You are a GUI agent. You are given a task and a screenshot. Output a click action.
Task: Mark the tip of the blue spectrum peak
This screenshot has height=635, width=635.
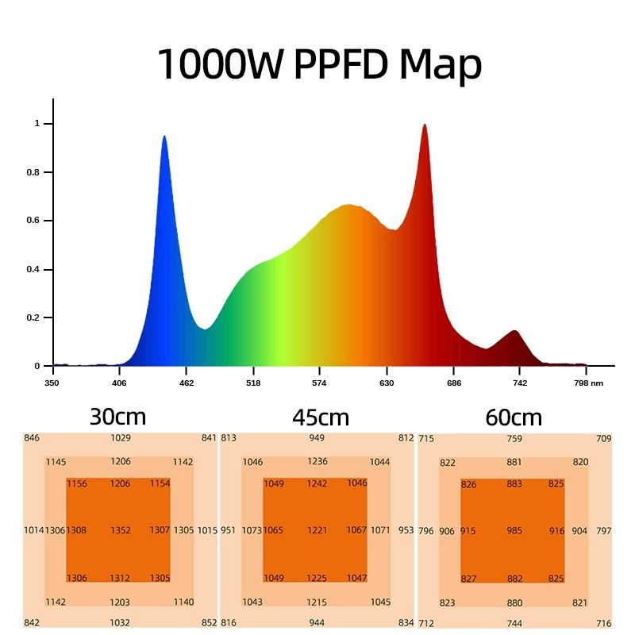coord(164,137)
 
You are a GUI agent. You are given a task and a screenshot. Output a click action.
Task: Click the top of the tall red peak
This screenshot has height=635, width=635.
coord(425,125)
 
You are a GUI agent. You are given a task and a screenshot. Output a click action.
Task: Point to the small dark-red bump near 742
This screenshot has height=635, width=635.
coord(514,331)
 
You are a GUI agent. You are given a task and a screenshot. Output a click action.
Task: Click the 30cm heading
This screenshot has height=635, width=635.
coord(119,417)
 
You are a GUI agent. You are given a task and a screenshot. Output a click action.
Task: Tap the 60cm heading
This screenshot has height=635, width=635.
coord(514,417)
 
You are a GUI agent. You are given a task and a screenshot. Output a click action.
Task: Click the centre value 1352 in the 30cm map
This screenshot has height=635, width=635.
coord(121,530)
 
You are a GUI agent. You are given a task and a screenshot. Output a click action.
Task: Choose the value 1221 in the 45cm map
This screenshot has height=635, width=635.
coord(317,530)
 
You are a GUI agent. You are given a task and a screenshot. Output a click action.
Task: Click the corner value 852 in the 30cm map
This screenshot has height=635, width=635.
coord(209,623)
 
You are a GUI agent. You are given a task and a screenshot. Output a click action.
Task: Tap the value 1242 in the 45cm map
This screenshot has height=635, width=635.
coord(317,483)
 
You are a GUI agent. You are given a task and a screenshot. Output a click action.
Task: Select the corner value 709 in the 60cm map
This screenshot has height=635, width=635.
coord(604,438)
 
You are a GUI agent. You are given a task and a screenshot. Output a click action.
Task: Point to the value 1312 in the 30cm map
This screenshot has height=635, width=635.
coord(121,578)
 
